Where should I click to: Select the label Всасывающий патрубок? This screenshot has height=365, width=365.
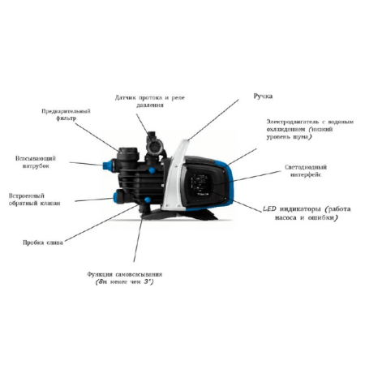click(33, 161)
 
